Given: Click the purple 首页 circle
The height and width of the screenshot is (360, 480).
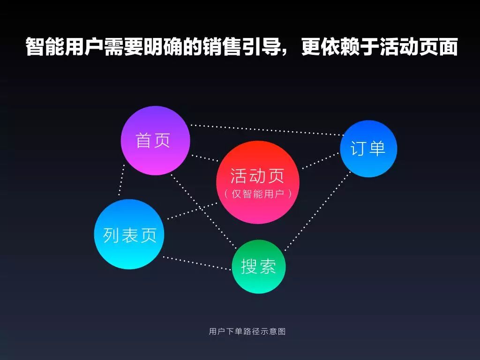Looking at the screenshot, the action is pos(155,141).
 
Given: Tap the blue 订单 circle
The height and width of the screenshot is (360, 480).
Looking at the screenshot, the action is pos(368,149).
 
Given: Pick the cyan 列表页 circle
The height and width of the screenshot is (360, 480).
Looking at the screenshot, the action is pos(129,234).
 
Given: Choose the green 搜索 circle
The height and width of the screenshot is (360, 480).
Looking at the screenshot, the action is pos(259,266).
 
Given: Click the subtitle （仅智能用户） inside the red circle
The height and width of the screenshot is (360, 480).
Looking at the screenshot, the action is pos(257,194).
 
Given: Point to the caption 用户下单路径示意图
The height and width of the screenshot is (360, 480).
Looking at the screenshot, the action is pos(247,331).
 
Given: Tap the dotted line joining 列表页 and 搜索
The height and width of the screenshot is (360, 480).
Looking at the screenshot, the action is pos(197,263).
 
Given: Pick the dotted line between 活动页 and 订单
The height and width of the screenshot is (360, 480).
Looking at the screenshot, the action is pos(321,160).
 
